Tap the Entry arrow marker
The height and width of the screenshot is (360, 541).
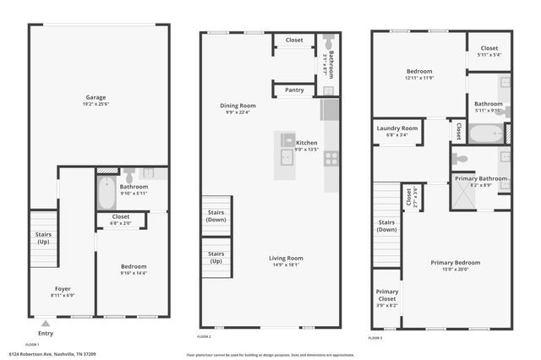coord(46,322)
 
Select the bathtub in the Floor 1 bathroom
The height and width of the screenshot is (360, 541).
coord(107,194)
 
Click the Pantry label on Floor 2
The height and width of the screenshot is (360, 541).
coord(294,90)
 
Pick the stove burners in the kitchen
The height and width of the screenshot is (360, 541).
coord(331,156)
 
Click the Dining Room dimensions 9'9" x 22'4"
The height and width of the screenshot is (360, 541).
coord(238,112)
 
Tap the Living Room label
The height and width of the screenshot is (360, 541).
coord(286,258)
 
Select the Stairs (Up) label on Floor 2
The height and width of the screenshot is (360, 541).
coord(216,257)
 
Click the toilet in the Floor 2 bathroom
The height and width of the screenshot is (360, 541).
coord(328,43)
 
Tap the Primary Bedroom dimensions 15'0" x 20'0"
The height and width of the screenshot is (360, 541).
coord(455,270)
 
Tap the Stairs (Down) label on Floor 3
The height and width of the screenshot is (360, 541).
coord(386,226)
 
